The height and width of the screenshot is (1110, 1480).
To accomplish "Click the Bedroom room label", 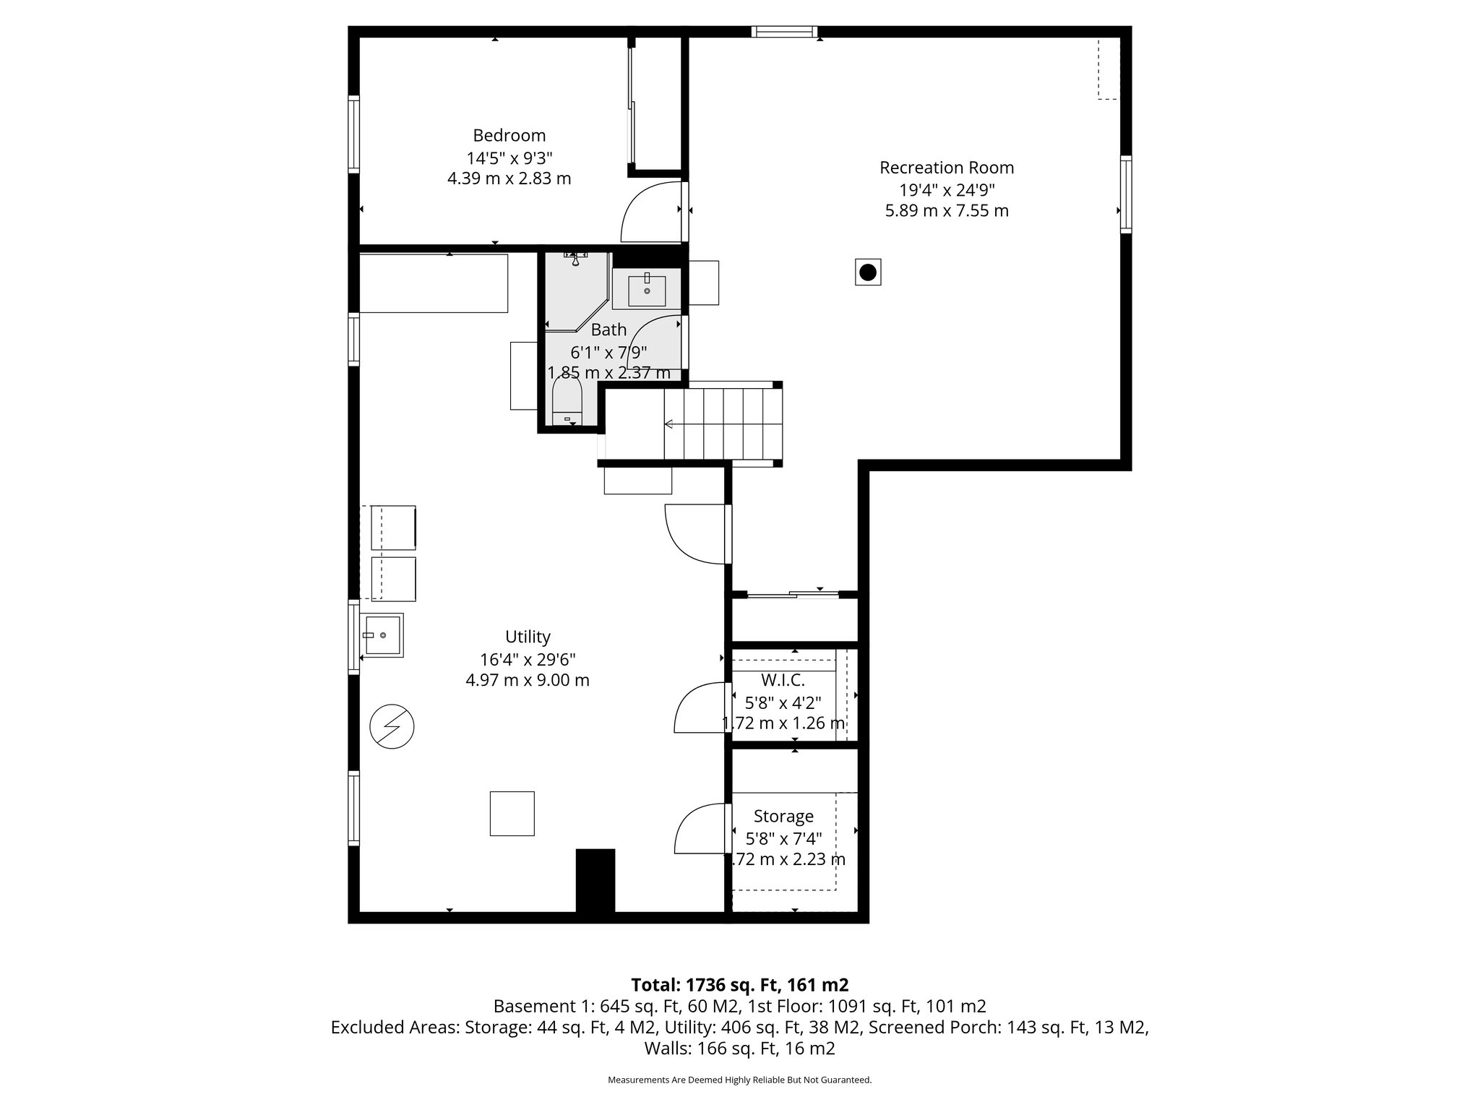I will [509, 135].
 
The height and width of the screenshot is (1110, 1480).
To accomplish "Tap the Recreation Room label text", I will [946, 168].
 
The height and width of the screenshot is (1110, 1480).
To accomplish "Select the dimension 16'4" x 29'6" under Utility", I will [528, 659].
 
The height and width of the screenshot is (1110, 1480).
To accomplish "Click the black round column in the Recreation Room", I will [868, 272].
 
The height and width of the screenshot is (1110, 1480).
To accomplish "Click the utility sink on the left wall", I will [383, 634].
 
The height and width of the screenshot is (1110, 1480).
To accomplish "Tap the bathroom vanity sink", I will [647, 291].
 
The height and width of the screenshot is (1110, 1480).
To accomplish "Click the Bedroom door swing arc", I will [648, 213].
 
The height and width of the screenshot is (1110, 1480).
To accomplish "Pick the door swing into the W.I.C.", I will [698, 709].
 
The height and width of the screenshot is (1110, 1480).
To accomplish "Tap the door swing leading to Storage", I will [698, 830].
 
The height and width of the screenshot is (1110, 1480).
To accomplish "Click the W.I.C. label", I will [783, 680].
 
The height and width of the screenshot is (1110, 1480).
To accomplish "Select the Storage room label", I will [783, 816].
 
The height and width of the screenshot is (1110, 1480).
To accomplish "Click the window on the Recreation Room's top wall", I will [784, 31].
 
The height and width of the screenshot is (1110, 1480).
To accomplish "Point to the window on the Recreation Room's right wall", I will [1126, 194].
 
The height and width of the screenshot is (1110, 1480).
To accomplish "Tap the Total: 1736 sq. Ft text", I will [739, 984].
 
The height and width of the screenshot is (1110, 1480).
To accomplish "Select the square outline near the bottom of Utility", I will [512, 814].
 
